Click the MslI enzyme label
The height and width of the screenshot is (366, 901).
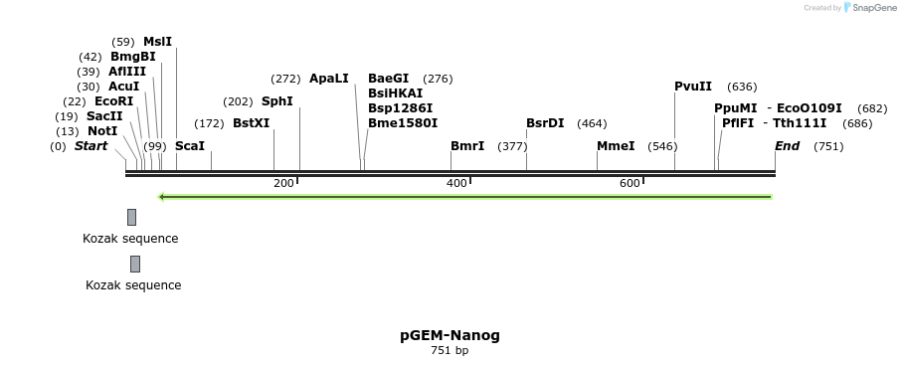coord(157,42)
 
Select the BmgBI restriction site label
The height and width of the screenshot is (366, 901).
coord(132,57)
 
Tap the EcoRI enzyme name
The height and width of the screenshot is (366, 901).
coord(113,101)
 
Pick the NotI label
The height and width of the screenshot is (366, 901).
coord(102,131)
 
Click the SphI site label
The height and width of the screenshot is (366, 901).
coord(276,101)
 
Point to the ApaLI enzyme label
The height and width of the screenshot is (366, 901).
coord(328,79)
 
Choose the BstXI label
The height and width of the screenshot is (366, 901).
coord(251,123)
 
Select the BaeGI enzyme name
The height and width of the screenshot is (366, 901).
coord(388,79)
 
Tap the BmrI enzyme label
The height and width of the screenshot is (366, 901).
coord(467,146)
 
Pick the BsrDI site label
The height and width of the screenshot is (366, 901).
coord(545,123)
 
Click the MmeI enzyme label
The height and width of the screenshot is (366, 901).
coord(616,146)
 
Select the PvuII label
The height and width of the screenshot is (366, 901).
coord(693,87)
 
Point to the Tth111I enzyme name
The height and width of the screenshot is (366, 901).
coord(800,123)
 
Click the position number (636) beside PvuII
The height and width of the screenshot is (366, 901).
coord(742,87)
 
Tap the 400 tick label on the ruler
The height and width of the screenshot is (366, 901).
coord(456,183)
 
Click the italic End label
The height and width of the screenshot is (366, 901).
coord(787,146)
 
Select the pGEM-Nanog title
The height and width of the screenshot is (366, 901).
coord(450,335)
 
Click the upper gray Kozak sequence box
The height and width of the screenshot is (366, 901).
coord(131,217)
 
